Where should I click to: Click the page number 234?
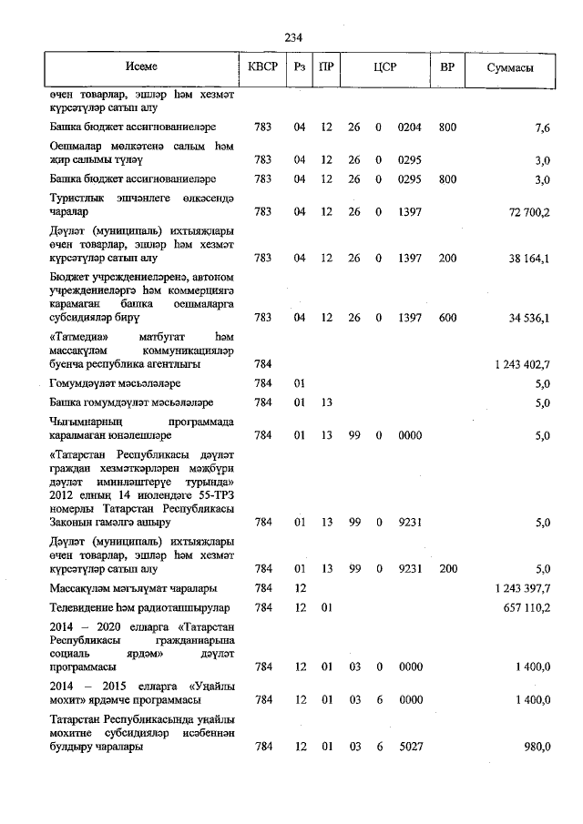point(292,37)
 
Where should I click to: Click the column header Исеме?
point(142,67)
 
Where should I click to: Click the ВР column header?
point(446,67)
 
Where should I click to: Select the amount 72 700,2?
point(526,212)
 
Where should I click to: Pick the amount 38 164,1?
point(526,259)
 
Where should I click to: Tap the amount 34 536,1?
point(526,318)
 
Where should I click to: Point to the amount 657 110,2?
point(526,607)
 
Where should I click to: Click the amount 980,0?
point(535,747)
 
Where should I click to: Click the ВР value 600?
point(446,318)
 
